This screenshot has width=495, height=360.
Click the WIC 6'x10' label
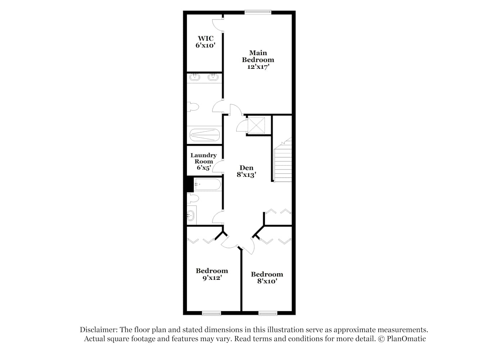[206, 42]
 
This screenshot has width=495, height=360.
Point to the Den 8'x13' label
[246, 171]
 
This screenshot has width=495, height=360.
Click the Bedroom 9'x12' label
[212, 274]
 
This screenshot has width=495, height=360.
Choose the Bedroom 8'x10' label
[267, 278]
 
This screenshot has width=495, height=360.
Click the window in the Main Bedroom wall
[258, 12]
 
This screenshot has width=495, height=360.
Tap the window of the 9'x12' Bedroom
[211, 313]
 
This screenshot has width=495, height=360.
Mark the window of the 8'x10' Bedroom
[268, 313]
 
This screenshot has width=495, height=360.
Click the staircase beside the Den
[283, 160]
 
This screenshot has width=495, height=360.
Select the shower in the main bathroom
[204, 135]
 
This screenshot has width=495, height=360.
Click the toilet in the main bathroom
[193, 107]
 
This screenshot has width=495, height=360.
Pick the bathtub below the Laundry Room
[208, 184]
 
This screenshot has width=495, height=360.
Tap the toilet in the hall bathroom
[193, 198]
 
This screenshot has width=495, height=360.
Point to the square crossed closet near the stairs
[256, 125]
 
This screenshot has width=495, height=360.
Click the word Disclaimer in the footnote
[98, 329]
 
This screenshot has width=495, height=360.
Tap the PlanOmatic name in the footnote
[406, 338]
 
